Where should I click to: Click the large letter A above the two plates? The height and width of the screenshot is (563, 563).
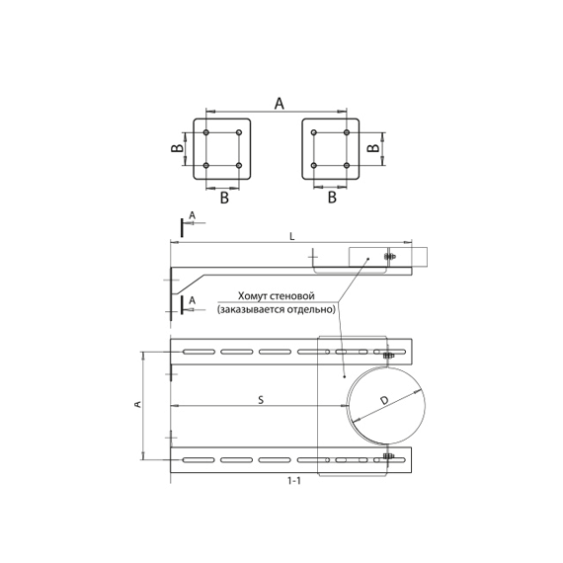279,104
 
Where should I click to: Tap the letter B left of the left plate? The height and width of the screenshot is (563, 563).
177,147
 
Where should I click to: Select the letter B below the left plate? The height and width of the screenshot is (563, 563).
224,198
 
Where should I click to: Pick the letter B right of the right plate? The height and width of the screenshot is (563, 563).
373,147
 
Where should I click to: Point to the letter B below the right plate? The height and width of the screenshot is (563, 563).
332,198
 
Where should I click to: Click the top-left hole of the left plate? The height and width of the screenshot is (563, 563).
206,132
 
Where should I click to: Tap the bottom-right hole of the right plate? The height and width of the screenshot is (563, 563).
347,166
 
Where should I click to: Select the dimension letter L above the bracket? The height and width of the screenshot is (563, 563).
292,237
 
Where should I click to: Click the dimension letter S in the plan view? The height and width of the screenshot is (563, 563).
261,400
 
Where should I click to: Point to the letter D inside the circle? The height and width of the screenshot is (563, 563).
384,400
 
